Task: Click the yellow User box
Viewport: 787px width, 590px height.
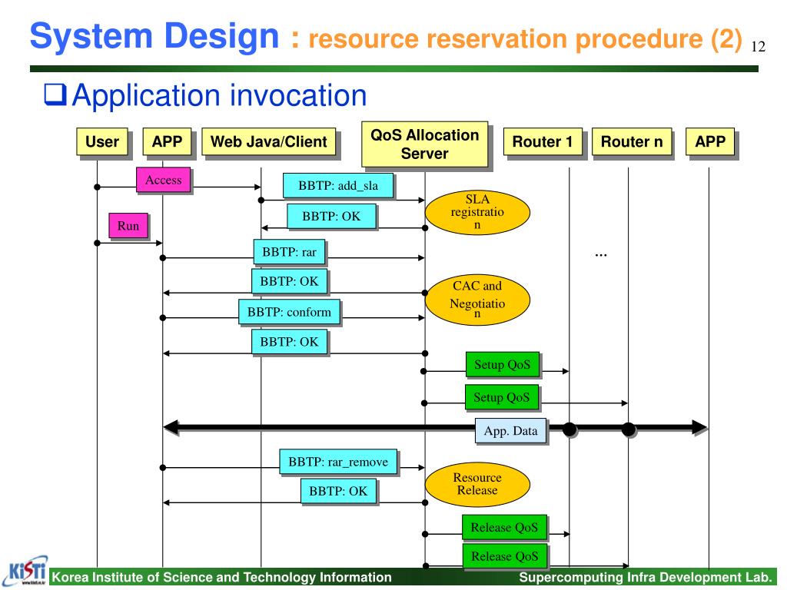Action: click(102, 142)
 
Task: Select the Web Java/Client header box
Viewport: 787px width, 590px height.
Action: click(269, 142)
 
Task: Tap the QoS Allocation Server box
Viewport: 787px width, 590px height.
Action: click(424, 144)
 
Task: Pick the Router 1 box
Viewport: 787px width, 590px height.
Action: click(542, 142)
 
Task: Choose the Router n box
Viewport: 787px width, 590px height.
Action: click(631, 142)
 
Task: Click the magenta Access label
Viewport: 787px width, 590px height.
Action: click(164, 181)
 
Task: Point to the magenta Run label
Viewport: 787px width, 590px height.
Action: click(128, 226)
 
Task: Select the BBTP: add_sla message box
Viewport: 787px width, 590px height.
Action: click(338, 186)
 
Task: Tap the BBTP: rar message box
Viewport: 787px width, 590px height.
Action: click(289, 251)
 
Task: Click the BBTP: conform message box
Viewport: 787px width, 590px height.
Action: click(289, 312)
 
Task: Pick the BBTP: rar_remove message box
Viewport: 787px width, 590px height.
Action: click(338, 462)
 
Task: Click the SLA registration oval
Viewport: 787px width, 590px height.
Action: click(477, 213)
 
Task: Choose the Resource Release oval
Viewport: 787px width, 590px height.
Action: click(477, 484)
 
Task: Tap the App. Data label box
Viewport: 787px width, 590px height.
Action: click(510, 431)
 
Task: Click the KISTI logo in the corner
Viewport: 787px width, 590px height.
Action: click(25, 571)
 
